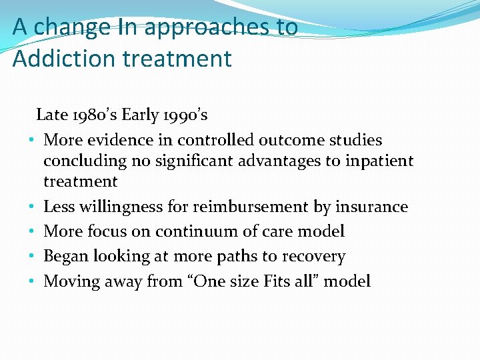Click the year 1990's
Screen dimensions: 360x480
point(183,115)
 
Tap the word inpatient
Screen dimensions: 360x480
point(379,161)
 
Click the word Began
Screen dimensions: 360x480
point(65,257)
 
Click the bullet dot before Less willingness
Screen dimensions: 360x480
point(31,207)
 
